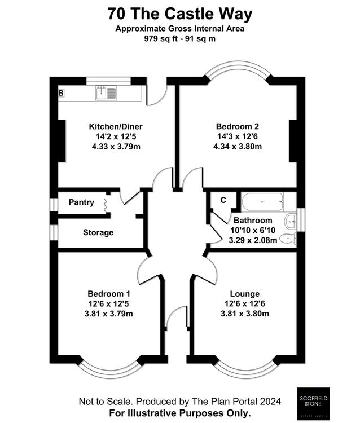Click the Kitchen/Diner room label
pos(116,126)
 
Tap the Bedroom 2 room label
pos(238,126)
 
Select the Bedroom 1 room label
pos(109,293)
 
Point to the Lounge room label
pos(245,294)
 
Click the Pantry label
pos(81,202)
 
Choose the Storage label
pos(98,232)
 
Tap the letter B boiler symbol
pos(62,93)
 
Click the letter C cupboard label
pos(223,200)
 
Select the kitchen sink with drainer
pos(106,93)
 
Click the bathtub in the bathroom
pos(262,202)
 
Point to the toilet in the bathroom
pos(288,239)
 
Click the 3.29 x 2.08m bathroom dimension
pos(253,240)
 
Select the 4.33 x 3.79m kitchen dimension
pos(116,147)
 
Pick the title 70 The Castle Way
pos(180,14)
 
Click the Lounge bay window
pos(247,368)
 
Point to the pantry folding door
pos(106,205)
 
